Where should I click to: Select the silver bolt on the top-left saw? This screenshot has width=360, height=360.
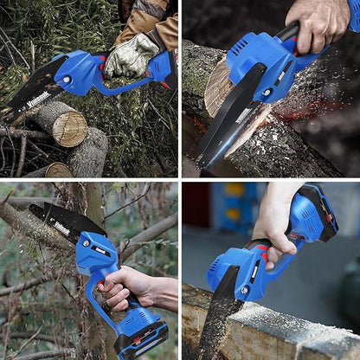(67, 80)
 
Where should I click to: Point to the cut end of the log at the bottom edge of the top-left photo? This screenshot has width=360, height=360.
(60, 170)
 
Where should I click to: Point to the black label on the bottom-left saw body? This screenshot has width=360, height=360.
(100, 250)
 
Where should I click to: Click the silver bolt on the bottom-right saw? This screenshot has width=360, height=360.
(245, 290)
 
